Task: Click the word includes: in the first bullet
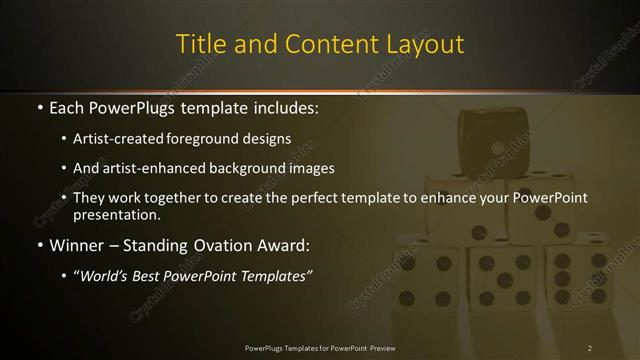pos(281,105)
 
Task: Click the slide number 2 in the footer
pos(590,348)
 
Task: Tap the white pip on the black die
pos(495,147)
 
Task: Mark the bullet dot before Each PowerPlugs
pos(39,106)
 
